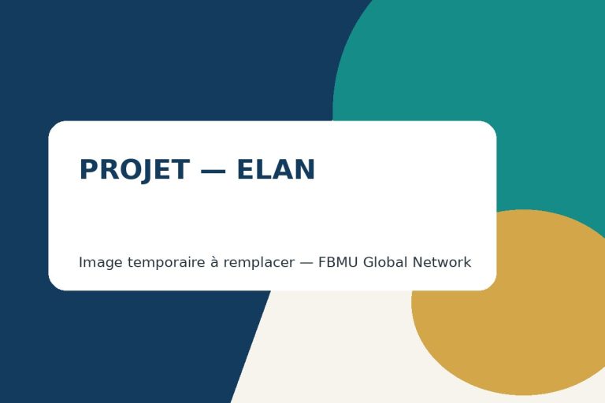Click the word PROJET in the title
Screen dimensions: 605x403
click(134, 170)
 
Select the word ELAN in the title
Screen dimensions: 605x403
click(276, 169)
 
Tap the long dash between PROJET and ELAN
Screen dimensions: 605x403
click(213, 171)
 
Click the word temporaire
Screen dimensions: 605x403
click(166, 263)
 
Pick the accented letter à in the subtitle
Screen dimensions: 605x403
click(214, 262)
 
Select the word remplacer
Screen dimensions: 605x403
click(259, 263)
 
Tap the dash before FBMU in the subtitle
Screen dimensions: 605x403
click(306, 263)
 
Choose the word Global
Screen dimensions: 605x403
click(385, 262)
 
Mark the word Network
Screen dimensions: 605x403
click(442, 262)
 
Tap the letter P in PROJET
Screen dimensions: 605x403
click(87, 169)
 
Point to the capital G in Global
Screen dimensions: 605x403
click(369, 262)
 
